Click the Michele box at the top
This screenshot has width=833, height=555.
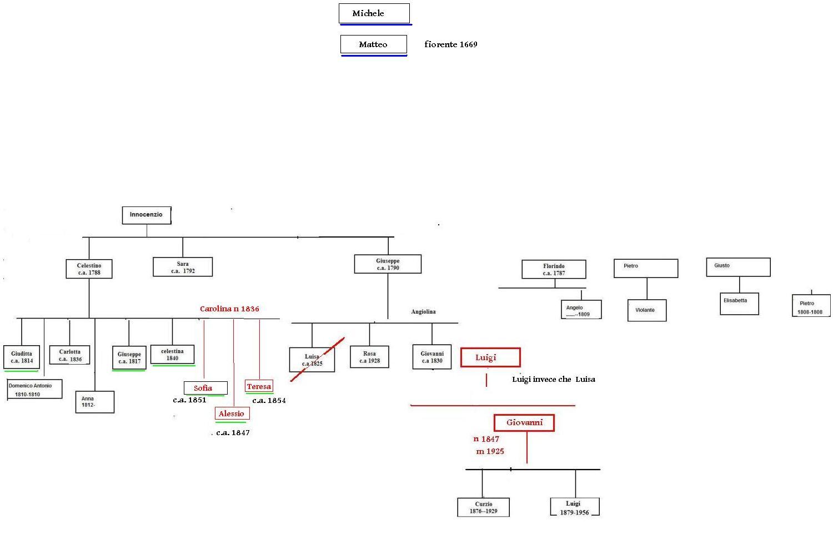(374, 13)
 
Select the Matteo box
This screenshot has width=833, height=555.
(373, 44)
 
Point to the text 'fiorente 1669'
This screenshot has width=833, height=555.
(450, 44)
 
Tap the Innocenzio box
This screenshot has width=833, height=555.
(146, 215)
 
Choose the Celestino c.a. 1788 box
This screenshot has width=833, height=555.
(89, 269)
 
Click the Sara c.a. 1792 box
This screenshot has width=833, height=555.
(183, 267)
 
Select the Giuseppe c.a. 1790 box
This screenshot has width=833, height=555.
(388, 264)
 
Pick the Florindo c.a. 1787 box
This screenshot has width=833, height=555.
(554, 270)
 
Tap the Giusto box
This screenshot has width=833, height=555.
(738, 267)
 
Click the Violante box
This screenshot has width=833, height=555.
(646, 310)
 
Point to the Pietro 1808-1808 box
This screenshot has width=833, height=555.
(810, 307)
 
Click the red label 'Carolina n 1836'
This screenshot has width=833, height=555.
(229, 309)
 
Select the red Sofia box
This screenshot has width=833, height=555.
(205, 388)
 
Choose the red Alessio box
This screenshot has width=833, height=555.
(232, 413)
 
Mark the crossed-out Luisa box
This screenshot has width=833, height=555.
(312, 360)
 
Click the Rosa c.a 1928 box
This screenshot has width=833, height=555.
(369, 357)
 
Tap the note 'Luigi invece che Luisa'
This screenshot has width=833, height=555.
(553, 380)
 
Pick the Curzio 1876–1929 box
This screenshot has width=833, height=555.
(483, 507)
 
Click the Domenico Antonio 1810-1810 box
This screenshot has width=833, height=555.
(34, 390)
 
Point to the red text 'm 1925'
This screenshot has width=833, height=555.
(490, 451)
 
